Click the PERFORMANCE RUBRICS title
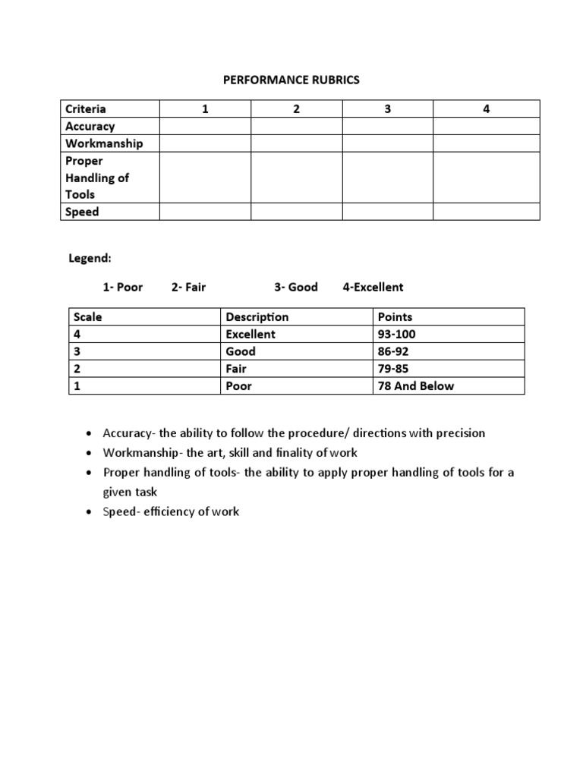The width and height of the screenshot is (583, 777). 291,80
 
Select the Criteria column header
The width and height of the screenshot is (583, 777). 85,109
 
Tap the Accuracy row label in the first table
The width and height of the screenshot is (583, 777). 90,126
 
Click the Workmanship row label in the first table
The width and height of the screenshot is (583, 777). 103,143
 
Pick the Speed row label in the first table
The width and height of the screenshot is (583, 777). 82,212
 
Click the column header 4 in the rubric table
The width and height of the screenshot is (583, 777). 486,109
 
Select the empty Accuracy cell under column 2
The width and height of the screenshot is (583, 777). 296,126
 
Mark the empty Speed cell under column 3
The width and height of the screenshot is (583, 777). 387,212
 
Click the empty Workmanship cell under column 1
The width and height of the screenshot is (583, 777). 205,143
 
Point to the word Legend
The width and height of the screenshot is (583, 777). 90,258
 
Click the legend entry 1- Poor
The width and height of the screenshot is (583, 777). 122,287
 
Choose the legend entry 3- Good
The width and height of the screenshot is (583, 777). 296,287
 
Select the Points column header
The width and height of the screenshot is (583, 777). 395,316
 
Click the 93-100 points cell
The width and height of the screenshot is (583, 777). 396,334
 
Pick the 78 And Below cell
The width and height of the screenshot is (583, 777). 415,385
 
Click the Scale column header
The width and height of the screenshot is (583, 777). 87,316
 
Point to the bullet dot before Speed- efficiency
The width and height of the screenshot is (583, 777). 90,512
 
